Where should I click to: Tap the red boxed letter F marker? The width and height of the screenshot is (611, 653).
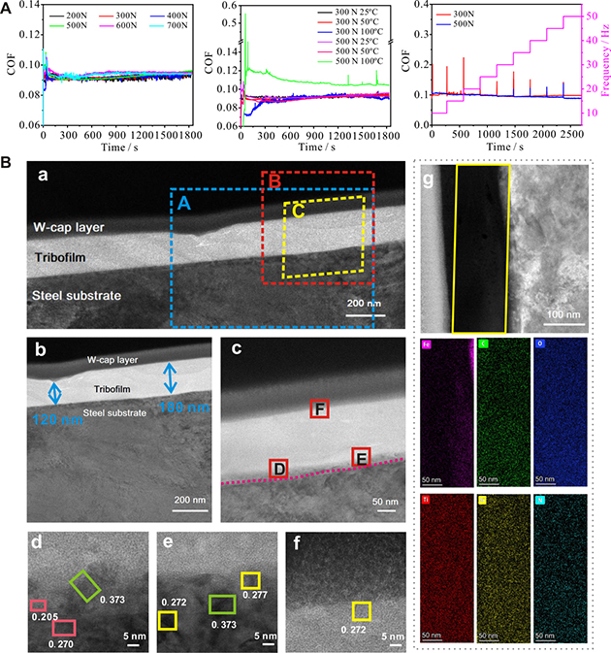[319, 410]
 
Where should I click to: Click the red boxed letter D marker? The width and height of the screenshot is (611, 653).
[278, 470]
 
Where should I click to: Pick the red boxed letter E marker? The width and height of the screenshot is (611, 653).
[361, 457]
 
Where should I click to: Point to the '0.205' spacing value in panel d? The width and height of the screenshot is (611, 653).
[43, 617]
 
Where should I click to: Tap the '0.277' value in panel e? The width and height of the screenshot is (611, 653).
[254, 594]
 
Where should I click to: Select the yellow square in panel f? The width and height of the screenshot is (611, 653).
[361, 610]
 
